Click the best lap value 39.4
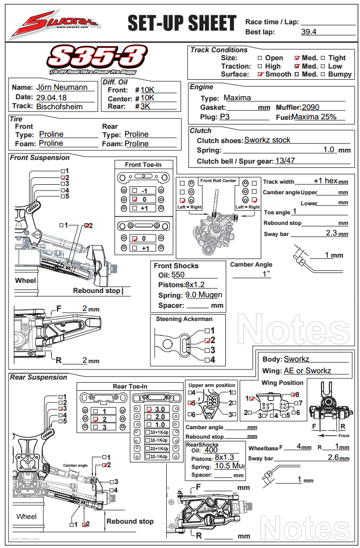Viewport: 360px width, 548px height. point(308,32)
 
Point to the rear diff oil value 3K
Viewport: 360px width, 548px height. point(146,106)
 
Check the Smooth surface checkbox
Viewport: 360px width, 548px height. point(260,74)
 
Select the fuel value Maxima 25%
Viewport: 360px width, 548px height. point(314,117)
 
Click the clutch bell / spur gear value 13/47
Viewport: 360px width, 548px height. point(285,160)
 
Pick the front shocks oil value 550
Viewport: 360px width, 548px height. point(178,275)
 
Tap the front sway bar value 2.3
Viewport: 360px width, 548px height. point(331,233)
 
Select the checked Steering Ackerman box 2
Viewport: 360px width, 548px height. point(207,341)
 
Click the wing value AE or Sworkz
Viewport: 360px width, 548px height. point(307,371)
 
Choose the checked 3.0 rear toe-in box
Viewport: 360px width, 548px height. point(149,409)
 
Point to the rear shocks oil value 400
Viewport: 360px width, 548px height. point(211,450)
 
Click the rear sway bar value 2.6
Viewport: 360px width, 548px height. point(333,457)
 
